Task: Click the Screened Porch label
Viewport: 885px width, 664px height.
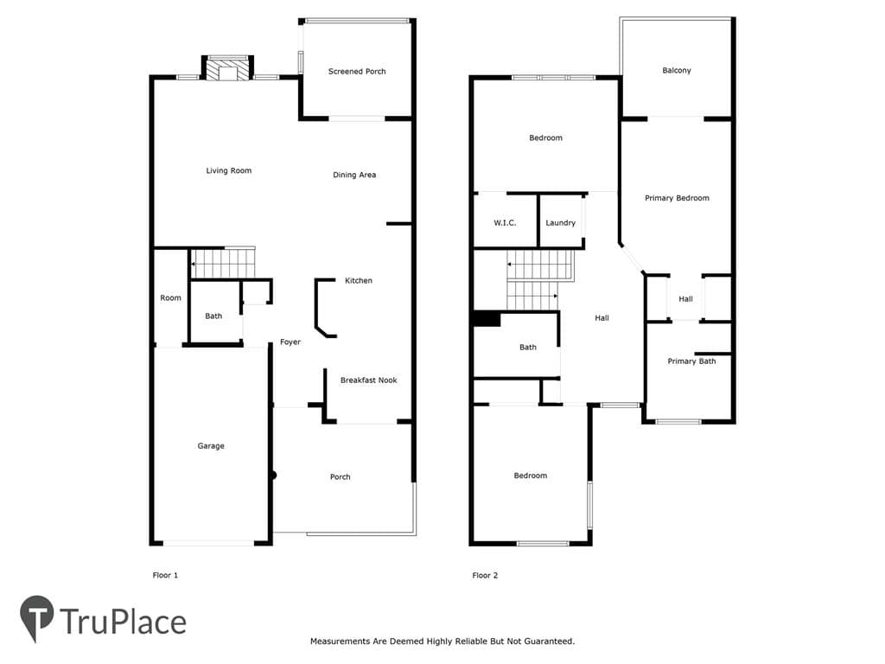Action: (x=357, y=71)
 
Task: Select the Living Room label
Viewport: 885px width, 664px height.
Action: (x=228, y=170)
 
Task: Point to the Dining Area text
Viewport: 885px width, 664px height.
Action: (x=354, y=175)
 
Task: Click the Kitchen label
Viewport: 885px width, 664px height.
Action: (x=359, y=281)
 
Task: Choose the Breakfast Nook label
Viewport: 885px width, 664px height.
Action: (x=368, y=380)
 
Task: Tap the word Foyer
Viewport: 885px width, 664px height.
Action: (x=290, y=342)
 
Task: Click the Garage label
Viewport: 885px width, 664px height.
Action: (x=211, y=446)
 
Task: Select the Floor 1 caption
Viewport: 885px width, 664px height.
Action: (x=165, y=575)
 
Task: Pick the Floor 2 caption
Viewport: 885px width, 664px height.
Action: (x=485, y=575)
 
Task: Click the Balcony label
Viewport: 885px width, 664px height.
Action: (x=677, y=71)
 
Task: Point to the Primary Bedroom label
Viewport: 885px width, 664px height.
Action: (x=677, y=198)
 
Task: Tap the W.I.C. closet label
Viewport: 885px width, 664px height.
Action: (x=505, y=223)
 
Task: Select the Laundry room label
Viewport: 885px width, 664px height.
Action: (x=560, y=223)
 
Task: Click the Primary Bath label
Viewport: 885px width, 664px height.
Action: (x=691, y=361)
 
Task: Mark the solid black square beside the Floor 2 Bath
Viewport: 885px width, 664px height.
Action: (x=487, y=319)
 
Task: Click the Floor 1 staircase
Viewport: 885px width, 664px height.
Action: (x=223, y=263)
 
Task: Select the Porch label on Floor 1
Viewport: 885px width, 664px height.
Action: (x=341, y=477)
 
